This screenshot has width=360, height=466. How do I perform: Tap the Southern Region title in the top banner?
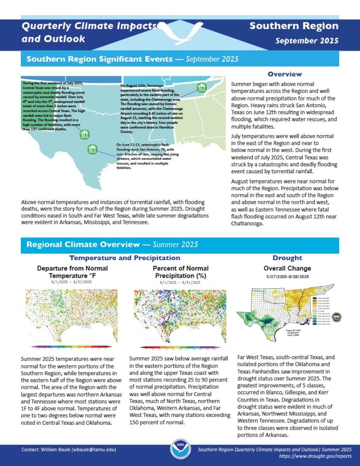294,26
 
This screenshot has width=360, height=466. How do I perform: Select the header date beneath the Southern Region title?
307,41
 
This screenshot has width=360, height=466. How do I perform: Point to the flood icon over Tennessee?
200,87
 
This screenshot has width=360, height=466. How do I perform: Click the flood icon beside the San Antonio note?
92,149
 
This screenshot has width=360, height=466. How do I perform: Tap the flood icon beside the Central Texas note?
84,133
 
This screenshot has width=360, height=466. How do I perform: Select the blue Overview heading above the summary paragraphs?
285,74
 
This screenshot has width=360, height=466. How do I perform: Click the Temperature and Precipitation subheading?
125,258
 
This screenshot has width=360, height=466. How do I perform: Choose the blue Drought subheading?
287,258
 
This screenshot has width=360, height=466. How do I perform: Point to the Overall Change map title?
287,268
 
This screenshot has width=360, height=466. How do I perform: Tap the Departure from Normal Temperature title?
72,272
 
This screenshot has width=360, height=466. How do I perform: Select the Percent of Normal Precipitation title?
180,272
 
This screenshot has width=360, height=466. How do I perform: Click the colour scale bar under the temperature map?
71,347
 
